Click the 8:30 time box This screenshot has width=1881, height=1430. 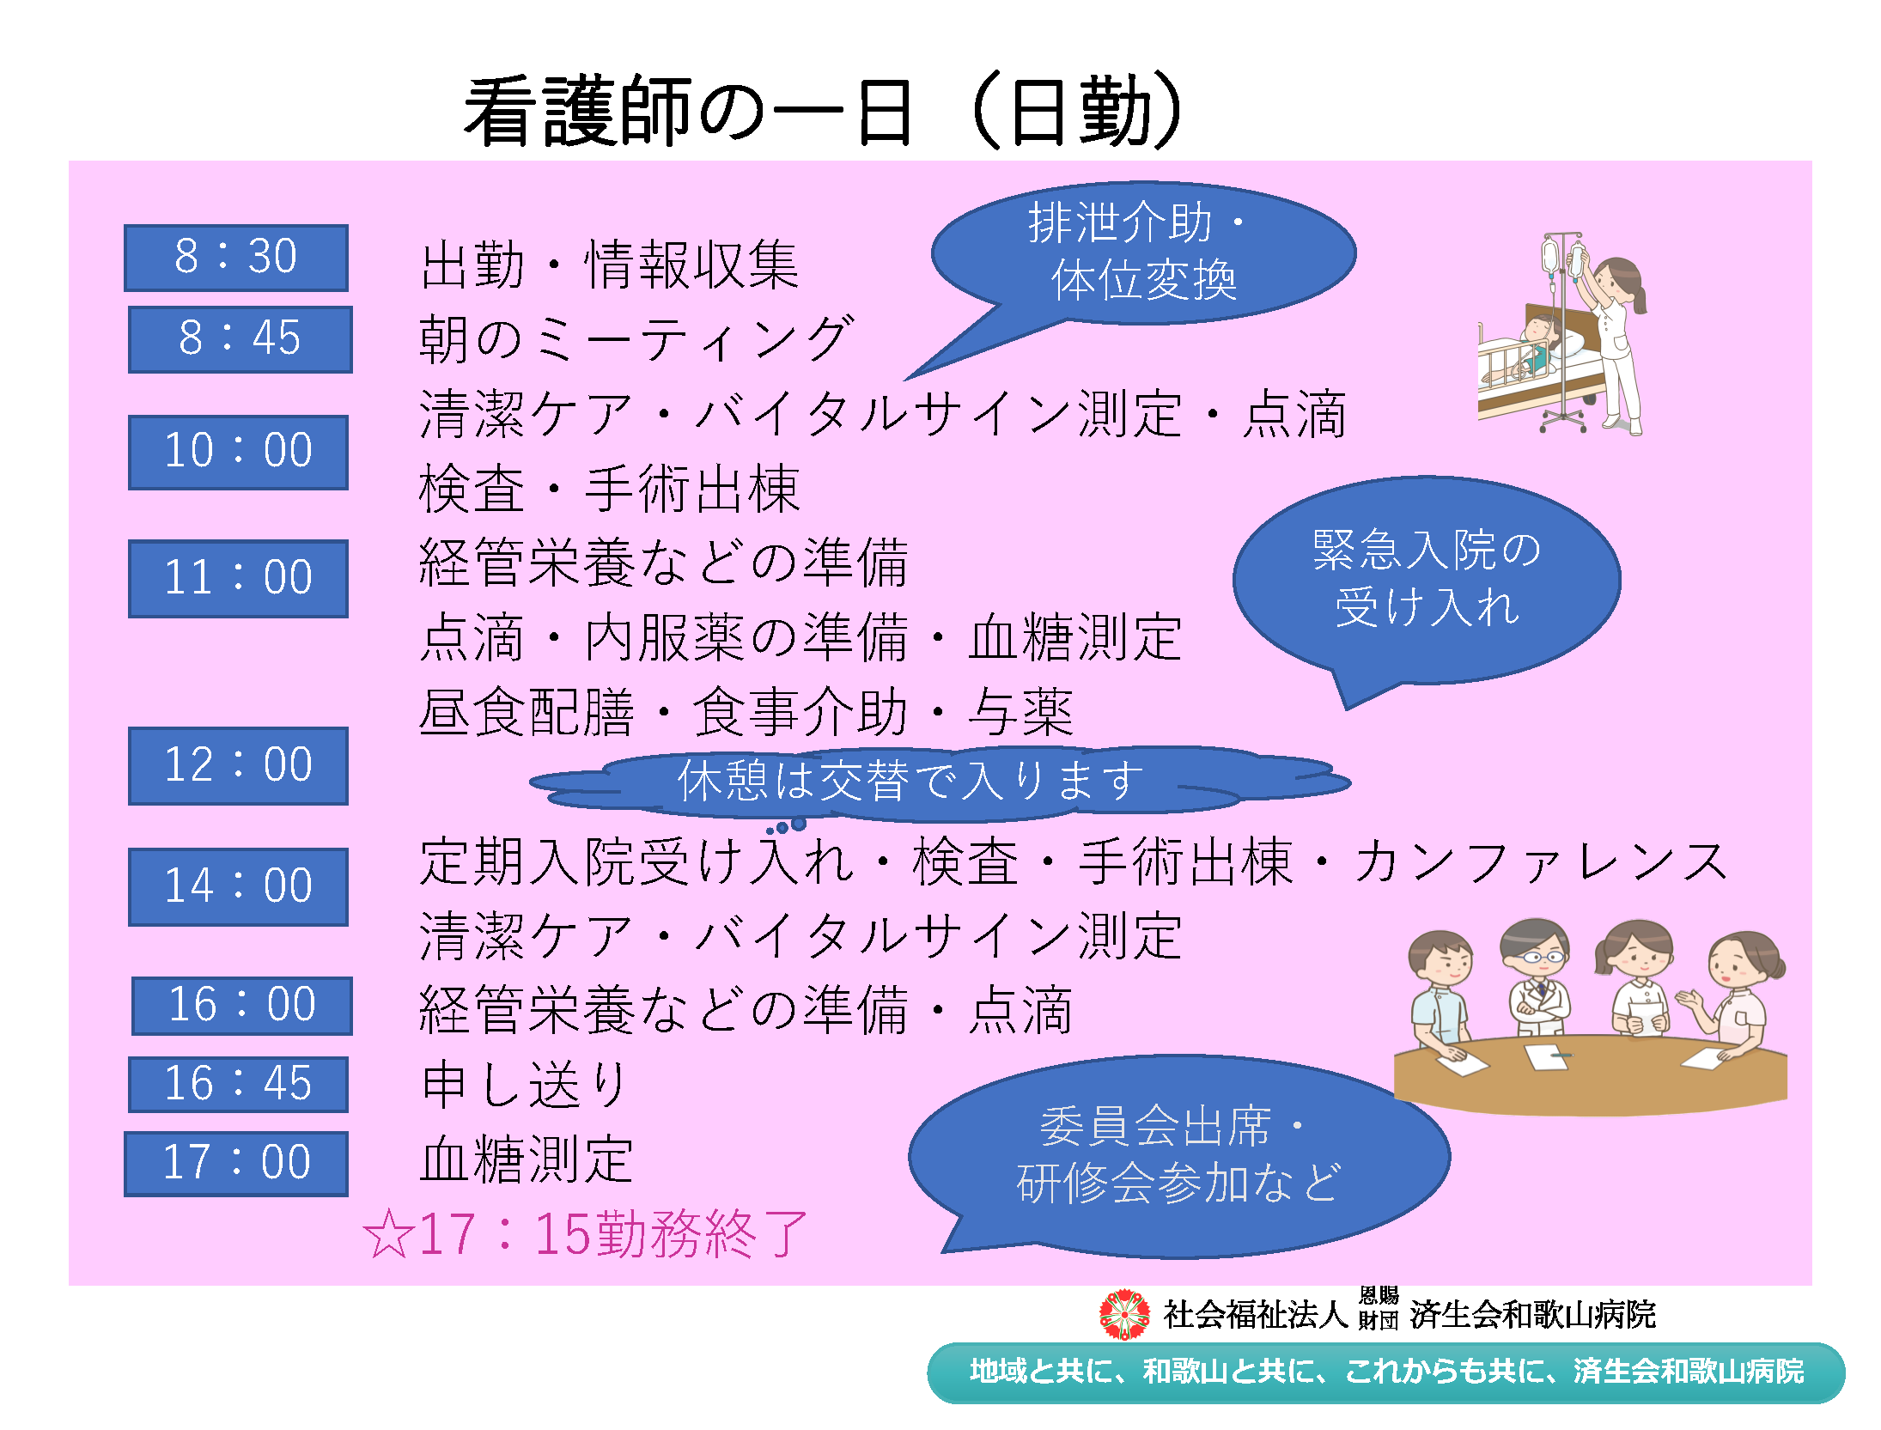coord(236,258)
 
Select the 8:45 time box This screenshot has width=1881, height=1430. coord(240,339)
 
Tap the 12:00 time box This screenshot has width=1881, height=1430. coord(238,766)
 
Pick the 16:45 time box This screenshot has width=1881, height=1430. coord(238,1084)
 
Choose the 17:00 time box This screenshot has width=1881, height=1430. coord(236,1164)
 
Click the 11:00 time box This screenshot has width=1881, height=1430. coord(238,578)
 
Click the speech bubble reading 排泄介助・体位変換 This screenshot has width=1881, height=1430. coord(1142,253)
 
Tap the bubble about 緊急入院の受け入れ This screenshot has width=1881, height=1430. coord(1426,580)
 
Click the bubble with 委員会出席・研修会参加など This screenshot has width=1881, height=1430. coord(1177,1155)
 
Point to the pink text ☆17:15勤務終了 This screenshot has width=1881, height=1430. coord(585,1234)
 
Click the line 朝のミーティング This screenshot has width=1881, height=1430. coord(636,338)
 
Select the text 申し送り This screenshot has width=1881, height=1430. coord(524,1084)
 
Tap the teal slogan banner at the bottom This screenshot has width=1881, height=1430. coord(1386,1372)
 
